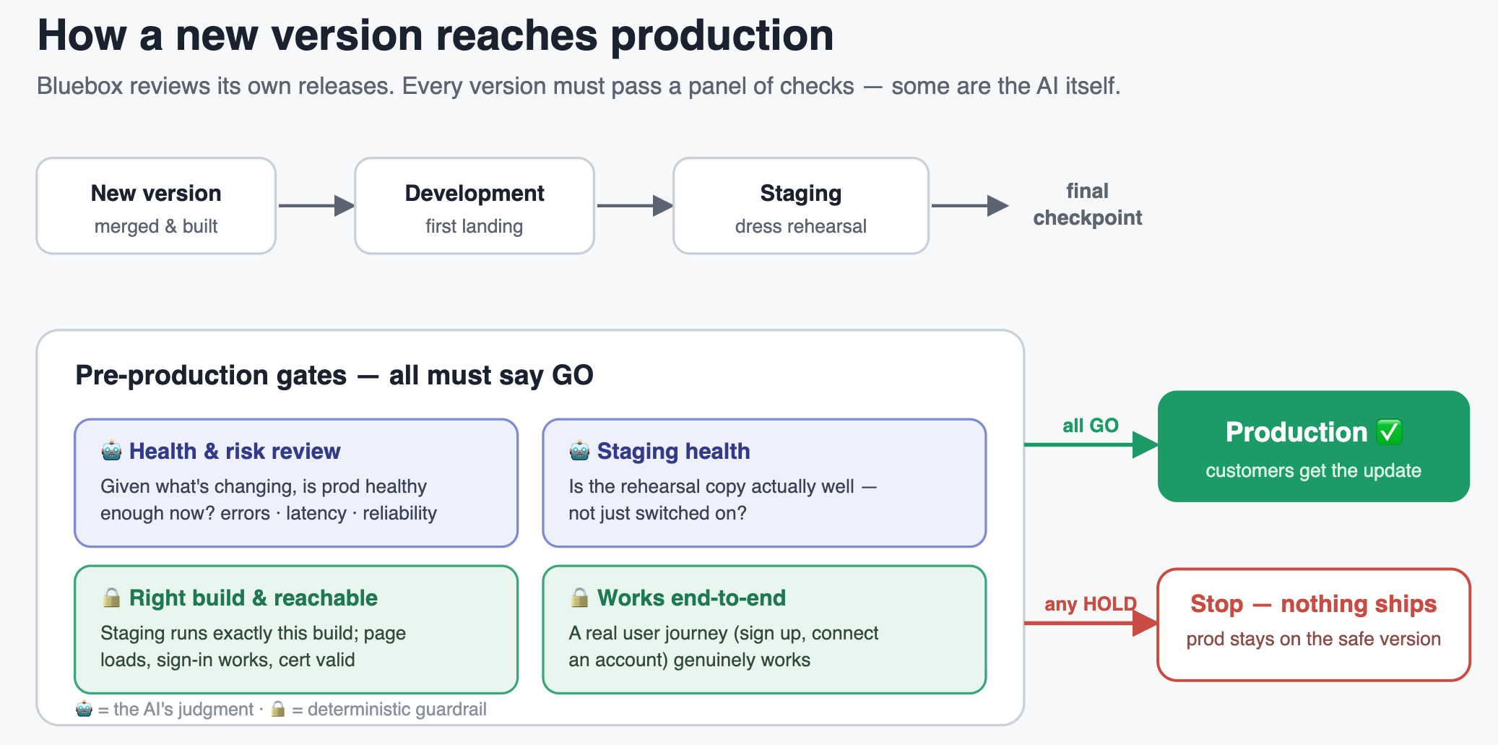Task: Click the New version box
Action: pos(156,206)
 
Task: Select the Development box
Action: pos(475,206)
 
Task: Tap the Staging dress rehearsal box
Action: pos(801,206)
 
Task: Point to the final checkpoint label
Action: pos(1088,204)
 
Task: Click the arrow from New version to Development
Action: pos(316,206)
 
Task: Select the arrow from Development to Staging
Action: pos(635,206)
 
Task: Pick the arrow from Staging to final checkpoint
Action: pos(970,206)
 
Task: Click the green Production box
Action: pos(1314,447)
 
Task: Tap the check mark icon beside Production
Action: pos(1389,432)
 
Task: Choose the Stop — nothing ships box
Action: pos(1314,624)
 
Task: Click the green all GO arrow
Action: pos(1091,444)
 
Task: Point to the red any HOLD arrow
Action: pos(1091,622)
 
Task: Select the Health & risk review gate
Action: pos(296,483)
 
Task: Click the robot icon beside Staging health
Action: pos(579,451)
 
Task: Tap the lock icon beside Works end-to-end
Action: pos(579,598)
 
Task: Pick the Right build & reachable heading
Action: pos(254,598)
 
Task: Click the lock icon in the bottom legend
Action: pos(278,709)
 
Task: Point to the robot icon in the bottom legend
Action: pos(85,709)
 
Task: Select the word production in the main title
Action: pos(722,36)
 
